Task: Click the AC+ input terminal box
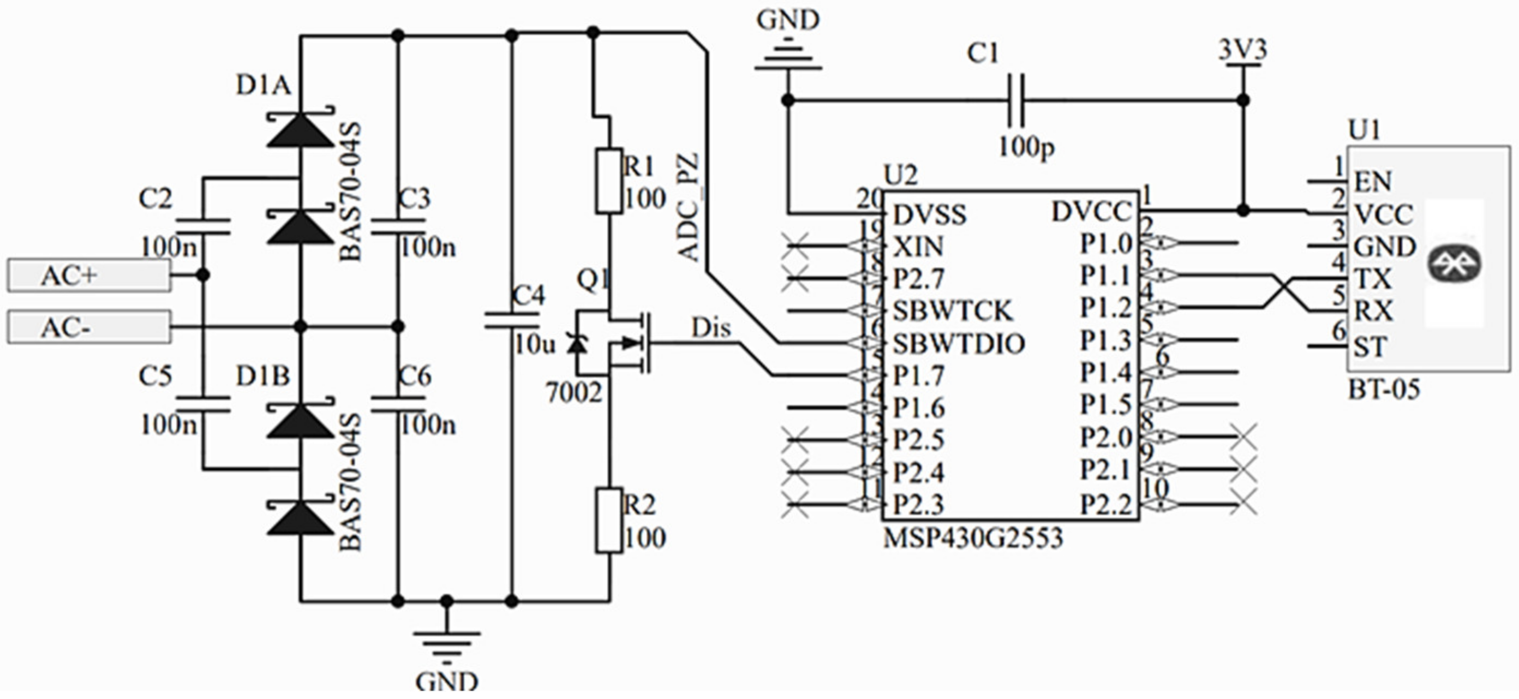coord(88,276)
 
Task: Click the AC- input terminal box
coord(88,327)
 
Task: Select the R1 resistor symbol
coord(608,181)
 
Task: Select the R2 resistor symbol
coord(608,520)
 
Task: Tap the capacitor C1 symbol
coord(1016,100)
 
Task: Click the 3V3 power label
coord(1242,51)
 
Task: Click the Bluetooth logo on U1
coord(1454,264)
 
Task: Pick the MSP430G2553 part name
coord(973,538)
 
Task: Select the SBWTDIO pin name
coord(959,344)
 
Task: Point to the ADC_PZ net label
coord(689,208)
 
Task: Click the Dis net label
coord(710,328)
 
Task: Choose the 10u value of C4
coord(535,344)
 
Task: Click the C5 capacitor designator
coord(156,377)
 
